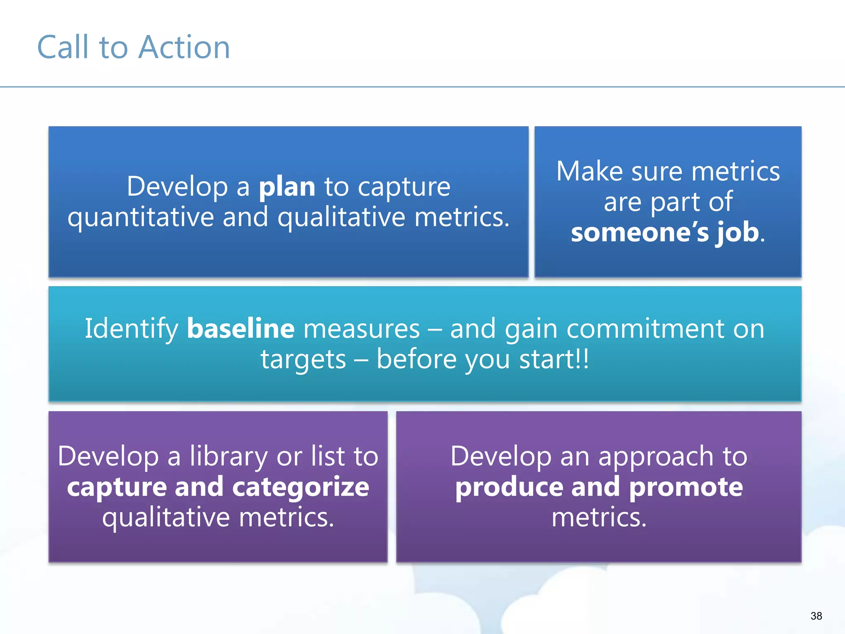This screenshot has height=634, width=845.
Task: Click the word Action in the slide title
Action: pos(184,47)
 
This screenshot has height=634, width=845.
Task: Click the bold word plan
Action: pos(287,187)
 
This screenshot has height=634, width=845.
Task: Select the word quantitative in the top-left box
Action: pos(141,217)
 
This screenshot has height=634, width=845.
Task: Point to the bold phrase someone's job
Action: pos(665,232)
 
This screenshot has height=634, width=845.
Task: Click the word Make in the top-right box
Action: pos(589,171)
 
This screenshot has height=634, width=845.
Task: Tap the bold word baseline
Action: pos(241,329)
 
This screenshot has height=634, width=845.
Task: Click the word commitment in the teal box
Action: pos(645,329)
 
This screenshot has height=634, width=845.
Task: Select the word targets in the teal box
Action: pos(303,359)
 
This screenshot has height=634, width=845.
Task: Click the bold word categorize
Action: pos(301,487)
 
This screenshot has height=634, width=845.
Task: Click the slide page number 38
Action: pos(816,616)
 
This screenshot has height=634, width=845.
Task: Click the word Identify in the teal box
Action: pos(131,329)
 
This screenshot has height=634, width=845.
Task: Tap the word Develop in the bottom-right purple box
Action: pos(500,457)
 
